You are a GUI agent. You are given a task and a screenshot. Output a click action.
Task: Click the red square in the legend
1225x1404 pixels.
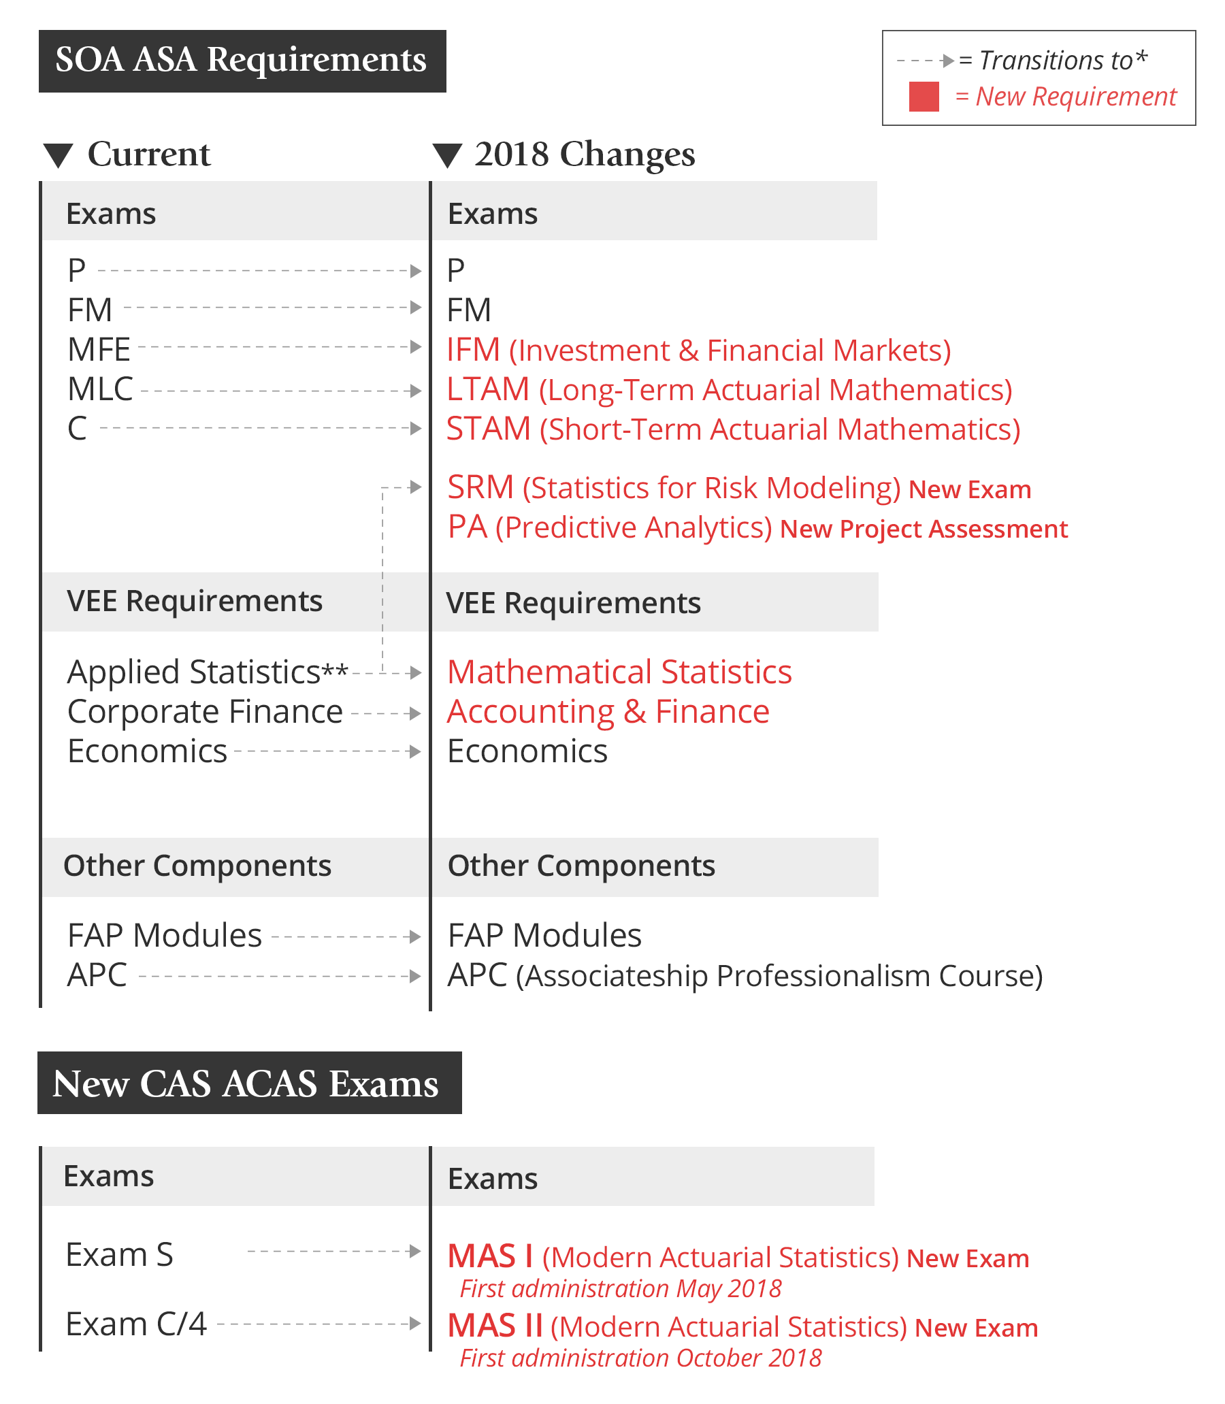click(x=924, y=97)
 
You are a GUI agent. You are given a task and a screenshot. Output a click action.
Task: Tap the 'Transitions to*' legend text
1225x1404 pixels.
click(x=1063, y=60)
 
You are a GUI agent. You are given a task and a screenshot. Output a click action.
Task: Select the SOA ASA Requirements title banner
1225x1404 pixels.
click(x=242, y=61)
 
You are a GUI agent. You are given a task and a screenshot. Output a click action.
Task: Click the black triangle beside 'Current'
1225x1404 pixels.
click(x=58, y=155)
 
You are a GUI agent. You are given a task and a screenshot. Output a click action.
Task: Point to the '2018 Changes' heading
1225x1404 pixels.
click(x=585, y=154)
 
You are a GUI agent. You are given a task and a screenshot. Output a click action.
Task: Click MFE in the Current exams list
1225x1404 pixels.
click(x=99, y=350)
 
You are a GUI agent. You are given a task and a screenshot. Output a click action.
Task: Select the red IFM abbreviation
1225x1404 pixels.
click(x=473, y=350)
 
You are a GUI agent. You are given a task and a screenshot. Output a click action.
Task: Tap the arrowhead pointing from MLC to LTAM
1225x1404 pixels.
click(x=415, y=391)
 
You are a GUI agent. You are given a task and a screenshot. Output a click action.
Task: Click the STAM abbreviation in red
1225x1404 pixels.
click(x=488, y=429)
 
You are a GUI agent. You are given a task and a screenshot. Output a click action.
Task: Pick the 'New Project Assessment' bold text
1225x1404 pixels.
click(x=923, y=529)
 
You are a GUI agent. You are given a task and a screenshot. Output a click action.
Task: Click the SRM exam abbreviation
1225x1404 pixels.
click(x=480, y=488)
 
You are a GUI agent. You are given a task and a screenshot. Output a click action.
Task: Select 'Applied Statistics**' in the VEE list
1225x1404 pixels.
click(x=207, y=672)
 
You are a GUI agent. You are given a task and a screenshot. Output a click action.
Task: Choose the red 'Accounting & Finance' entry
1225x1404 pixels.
click(x=608, y=712)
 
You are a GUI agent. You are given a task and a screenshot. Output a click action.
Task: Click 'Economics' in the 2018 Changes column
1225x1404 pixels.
click(x=527, y=751)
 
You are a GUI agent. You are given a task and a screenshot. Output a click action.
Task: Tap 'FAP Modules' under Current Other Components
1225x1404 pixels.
click(x=165, y=935)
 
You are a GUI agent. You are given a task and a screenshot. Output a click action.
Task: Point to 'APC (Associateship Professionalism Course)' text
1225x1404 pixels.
click(x=745, y=975)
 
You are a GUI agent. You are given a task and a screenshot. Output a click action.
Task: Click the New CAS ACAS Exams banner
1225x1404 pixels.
click(x=250, y=1083)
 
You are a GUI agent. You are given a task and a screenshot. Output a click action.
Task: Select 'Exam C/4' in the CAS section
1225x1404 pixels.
click(x=136, y=1324)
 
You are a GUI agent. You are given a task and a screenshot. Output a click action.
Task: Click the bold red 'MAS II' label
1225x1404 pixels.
click(x=495, y=1326)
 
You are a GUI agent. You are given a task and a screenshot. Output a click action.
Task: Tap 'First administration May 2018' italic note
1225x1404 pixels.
click(x=620, y=1288)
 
